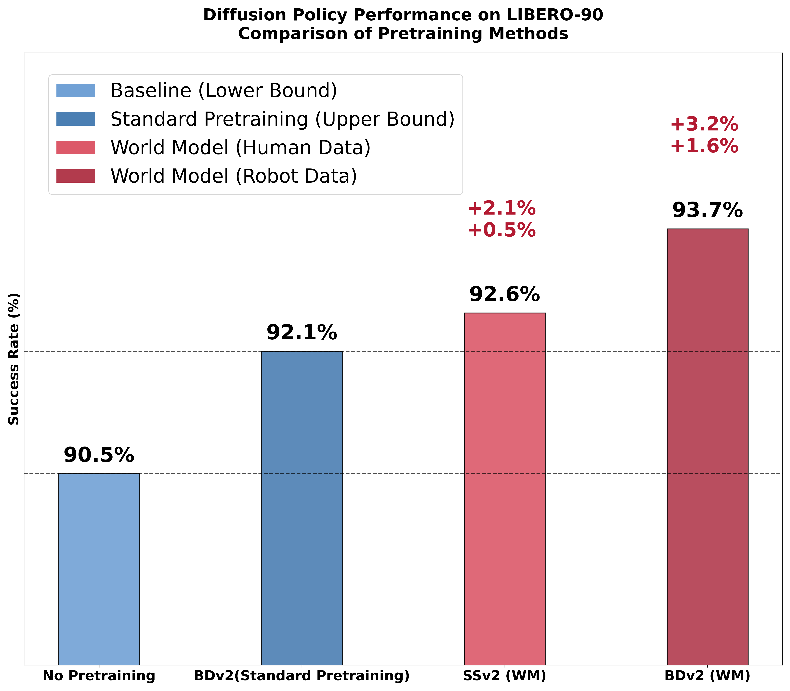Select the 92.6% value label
505,295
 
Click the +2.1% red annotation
501,209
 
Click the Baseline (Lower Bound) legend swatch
76,91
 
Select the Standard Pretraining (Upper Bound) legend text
282,119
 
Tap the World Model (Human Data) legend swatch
76,147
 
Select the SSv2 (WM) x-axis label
505,676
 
